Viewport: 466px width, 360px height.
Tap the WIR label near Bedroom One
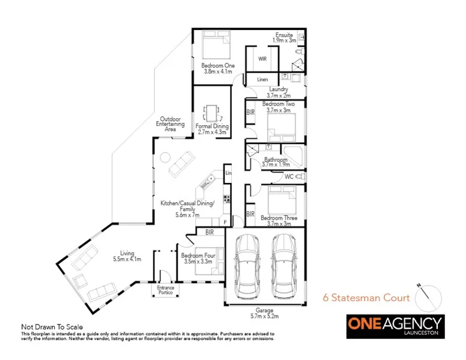click(262, 59)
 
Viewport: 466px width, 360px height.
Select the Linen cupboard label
click(262, 79)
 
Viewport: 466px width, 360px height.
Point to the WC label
click(289, 177)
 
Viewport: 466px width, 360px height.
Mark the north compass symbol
click(428, 295)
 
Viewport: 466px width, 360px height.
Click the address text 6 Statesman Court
click(366, 298)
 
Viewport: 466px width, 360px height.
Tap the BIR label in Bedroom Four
click(210, 232)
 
